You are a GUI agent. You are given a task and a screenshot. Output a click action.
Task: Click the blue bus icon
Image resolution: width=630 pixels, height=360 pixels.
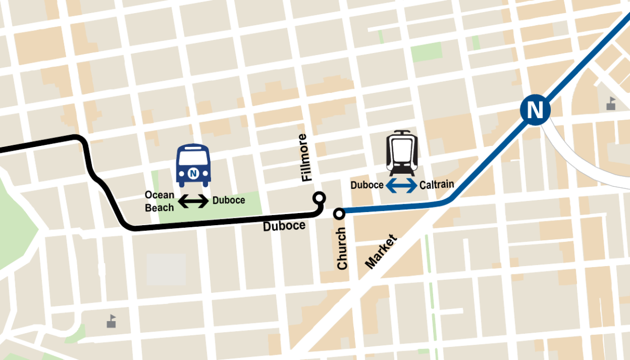193,165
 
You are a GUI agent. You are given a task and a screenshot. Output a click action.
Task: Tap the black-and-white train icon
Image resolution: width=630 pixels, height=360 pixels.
402,153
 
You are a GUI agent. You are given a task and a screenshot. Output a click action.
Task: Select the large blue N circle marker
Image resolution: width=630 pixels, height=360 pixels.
535,110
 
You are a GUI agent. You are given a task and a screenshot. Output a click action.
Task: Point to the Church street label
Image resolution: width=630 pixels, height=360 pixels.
342,248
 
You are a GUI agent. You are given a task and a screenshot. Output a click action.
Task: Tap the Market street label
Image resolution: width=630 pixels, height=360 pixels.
381,252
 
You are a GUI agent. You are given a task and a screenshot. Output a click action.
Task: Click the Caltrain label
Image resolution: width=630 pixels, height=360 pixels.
436,185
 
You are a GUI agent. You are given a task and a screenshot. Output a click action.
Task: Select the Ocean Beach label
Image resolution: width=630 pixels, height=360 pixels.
160,201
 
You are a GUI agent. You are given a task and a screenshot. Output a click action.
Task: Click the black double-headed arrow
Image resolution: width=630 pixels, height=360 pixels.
194,200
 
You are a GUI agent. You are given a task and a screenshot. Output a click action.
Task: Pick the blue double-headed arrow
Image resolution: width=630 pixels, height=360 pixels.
402,185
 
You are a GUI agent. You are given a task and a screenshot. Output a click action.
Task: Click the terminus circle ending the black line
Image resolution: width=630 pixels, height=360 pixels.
318,198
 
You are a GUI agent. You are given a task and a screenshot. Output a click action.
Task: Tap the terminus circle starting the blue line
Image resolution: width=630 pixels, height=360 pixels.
339,213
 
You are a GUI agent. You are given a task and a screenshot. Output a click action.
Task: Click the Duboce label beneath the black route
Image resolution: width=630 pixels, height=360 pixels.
284,226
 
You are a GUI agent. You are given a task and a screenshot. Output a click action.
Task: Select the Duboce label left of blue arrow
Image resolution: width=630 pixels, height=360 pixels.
367,185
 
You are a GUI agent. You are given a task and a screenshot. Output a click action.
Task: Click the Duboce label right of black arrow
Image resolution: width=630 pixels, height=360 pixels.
228,200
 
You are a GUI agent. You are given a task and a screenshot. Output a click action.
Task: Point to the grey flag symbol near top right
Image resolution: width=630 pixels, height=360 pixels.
611,103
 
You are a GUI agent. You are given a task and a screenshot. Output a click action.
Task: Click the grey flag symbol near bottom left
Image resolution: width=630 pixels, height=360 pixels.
111,321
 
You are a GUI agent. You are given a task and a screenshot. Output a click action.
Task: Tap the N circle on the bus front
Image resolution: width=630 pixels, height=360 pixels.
193,172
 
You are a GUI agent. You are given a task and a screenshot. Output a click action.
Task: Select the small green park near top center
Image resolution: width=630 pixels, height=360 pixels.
427,52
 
